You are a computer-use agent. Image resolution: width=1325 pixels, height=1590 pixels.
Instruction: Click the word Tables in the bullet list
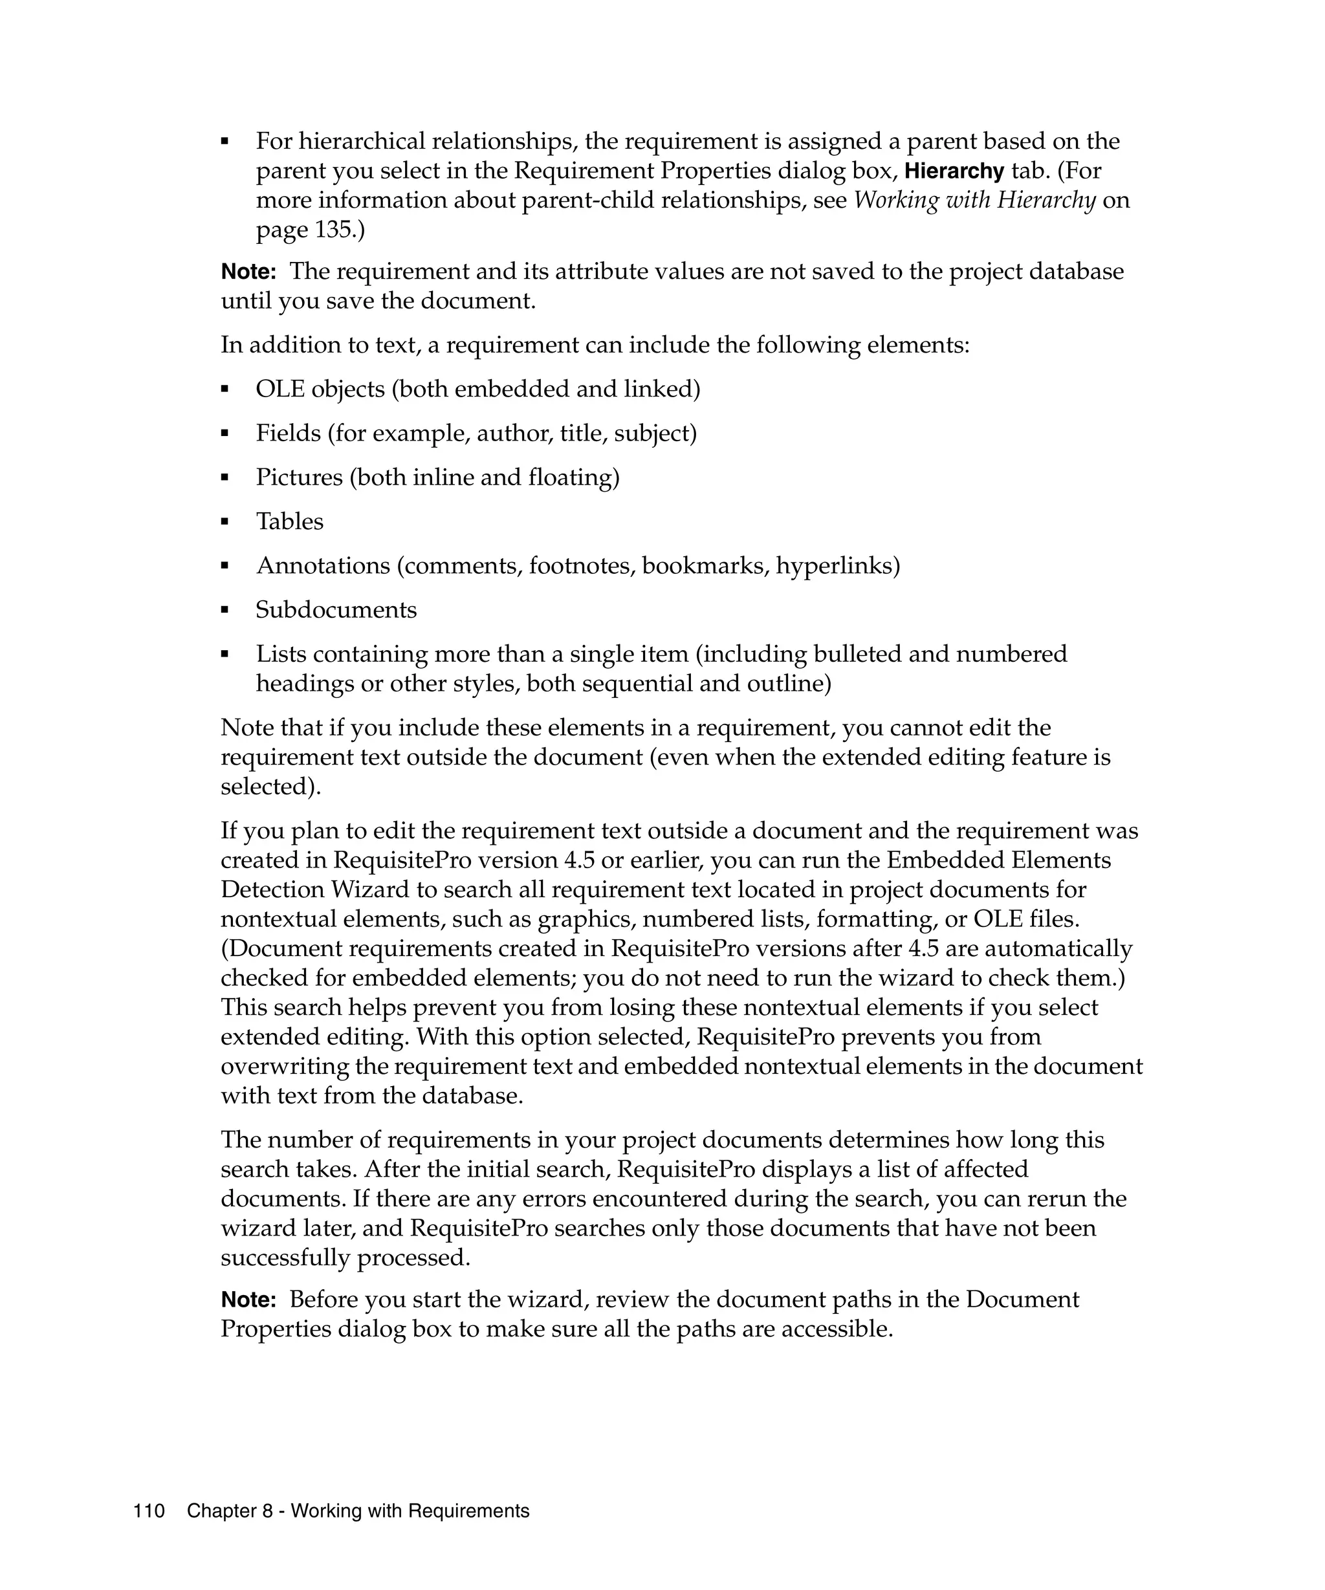[x=289, y=521]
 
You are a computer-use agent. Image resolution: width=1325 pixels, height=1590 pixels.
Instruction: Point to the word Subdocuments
[x=336, y=609]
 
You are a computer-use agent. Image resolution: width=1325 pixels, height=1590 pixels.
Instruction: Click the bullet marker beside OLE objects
[x=225, y=389]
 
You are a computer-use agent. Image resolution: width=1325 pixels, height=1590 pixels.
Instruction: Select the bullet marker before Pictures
[x=225, y=478]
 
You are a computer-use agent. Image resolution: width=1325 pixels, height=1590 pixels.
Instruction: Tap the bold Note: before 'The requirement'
[x=248, y=271]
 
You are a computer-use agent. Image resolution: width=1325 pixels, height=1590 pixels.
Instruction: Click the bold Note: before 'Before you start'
[x=248, y=1300]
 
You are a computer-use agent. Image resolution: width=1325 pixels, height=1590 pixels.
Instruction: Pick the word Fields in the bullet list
[x=288, y=433]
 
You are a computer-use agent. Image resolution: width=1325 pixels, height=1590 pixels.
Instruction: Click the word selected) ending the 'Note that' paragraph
[x=270, y=787]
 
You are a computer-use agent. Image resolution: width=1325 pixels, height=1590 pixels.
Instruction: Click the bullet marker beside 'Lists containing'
[x=225, y=654]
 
